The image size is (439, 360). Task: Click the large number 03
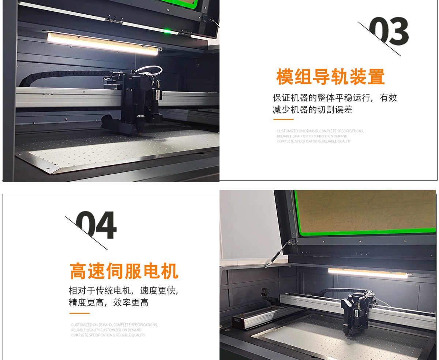[x=389, y=31]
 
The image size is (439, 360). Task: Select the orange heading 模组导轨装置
[x=330, y=77]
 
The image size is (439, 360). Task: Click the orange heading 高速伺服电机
[x=124, y=271]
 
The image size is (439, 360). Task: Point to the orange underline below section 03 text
[x=283, y=119]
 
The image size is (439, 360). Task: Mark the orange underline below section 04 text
[x=79, y=313]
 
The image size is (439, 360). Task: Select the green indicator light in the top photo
[x=167, y=31]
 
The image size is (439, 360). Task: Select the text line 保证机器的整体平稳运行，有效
[x=335, y=98]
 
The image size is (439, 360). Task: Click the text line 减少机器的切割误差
[x=312, y=110]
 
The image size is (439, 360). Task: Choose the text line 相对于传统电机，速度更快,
[x=123, y=291]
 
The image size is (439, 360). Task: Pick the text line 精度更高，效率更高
[x=109, y=303]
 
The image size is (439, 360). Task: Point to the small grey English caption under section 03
[x=320, y=136]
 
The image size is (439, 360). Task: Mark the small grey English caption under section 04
[x=114, y=330]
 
